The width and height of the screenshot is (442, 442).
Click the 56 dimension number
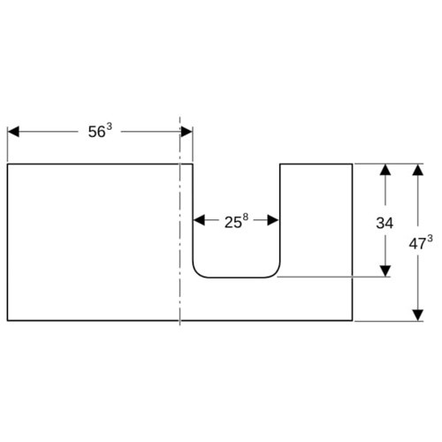(x=96, y=132)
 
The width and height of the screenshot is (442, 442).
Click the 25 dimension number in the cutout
(x=233, y=223)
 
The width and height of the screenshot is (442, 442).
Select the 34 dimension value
(x=385, y=223)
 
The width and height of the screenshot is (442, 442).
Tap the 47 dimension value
(x=417, y=244)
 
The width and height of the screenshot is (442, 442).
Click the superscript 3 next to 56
(x=109, y=127)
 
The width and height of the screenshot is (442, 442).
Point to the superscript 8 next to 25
(x=246, y=217)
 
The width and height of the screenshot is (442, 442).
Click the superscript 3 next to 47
(x=430, y=239)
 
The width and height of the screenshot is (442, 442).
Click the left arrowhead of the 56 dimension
(x=13, y=132)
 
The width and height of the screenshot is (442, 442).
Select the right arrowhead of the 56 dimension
(x=187, y=132)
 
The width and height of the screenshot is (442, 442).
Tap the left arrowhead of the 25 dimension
(x=199, y=220)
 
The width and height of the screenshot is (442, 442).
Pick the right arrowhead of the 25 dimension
(x=273, y=220)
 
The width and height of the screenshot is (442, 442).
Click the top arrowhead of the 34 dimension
(x=385, y=170)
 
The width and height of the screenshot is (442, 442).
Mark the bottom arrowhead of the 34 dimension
(x=385, y=271)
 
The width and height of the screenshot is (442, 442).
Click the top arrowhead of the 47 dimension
(x=418, y=170)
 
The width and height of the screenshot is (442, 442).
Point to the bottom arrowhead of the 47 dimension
(x=418, y=316)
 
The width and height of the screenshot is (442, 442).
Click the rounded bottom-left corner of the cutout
(x=197, y=273)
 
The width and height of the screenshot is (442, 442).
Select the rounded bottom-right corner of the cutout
(x=276, y=273)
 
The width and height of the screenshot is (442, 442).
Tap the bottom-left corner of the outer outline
(x=7, y=320)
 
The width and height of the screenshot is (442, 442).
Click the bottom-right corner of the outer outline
(x=353, y=320)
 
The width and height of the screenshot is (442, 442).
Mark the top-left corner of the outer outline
(x=7, y=164)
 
